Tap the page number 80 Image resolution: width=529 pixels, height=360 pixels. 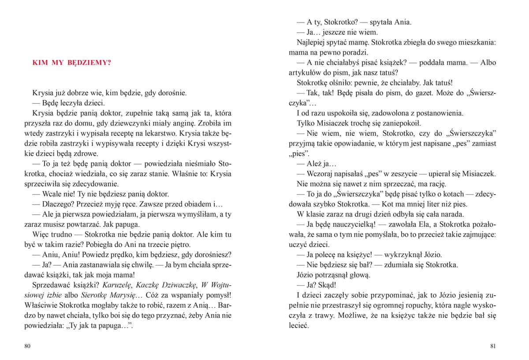pyautogui.click(x=27, y=346)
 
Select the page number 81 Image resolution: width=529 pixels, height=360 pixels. pyautogui.click(x=493, y=346)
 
